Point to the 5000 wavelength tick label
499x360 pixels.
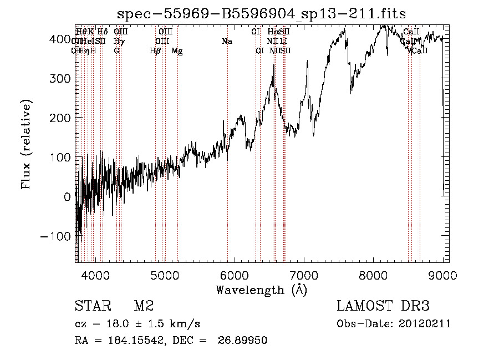165,275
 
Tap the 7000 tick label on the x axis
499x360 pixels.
304,275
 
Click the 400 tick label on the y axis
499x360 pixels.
60,39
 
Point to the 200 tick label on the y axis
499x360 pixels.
60,118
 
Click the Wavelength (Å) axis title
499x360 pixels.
261,290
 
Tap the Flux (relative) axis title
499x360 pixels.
26,144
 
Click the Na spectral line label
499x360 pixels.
226,42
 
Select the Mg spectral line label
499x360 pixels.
177,51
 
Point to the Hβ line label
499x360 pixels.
155,51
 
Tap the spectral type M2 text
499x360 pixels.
143,306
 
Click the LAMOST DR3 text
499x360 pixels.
383,306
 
